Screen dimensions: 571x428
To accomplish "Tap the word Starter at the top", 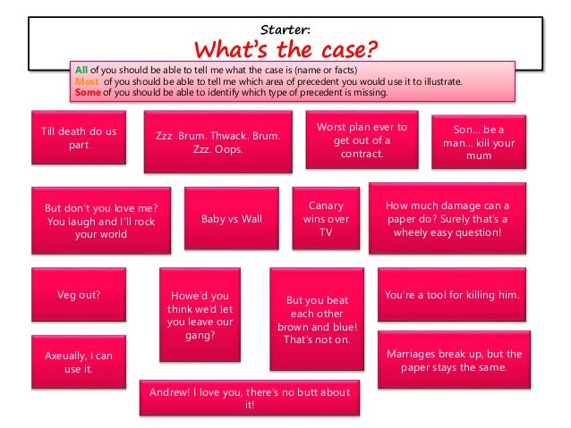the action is (x=285, y=20).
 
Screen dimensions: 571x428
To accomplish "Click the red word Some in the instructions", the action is (x=88, y=92).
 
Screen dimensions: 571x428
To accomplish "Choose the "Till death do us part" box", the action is (x=79, y=138).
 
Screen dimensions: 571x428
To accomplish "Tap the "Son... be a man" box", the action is (x=473, y=142).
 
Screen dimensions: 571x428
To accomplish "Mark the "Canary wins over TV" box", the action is (x=326, y=218).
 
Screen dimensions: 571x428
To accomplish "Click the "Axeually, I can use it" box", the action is (x=79, y=362).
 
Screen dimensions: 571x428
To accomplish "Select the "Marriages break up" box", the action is (x=453, y=360).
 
